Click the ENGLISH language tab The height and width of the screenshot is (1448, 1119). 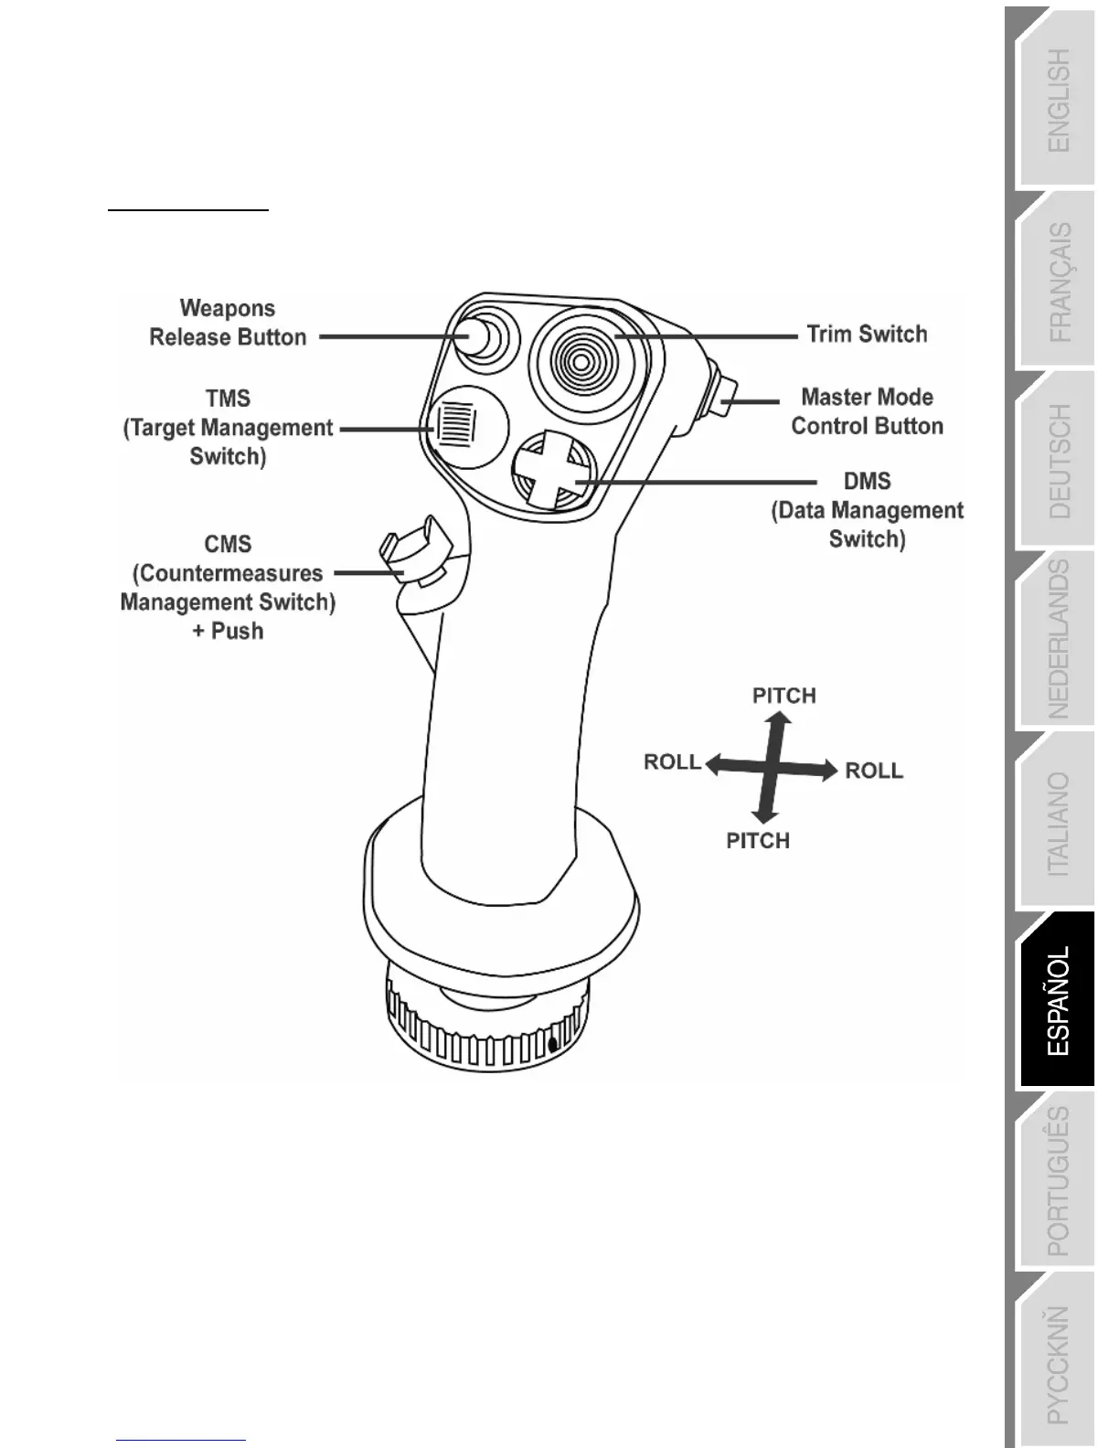click(x=1058, y=101)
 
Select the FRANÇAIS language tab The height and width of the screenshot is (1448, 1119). click(x=1058, y=282)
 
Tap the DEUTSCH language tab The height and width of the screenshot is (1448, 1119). click(x=1058, y=462)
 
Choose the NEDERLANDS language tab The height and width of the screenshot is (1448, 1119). click(x=1058, y=640)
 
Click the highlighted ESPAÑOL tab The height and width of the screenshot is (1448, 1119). click(x=1058, y=1001)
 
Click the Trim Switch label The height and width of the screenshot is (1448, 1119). click(x=867, y=335)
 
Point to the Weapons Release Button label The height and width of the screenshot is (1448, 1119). click(x=228, y=323)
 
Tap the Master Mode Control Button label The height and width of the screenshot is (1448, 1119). click(x=867, y=411)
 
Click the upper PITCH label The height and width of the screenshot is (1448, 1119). click(x=783, y=696)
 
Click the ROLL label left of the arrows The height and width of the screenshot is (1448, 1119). click(x=672, y=762)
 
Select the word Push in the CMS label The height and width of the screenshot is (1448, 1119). click(x=238, y=631)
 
